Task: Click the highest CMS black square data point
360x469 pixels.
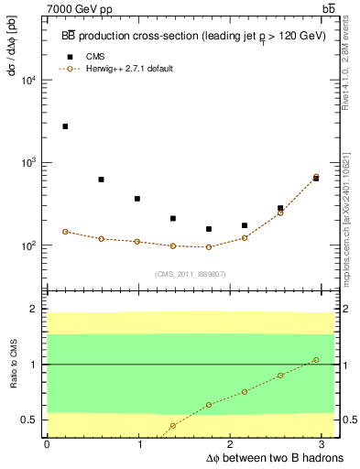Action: tap(65, 126)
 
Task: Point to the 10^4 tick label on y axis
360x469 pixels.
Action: tap(28, 81)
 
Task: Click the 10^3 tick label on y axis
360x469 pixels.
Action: tap(28, 163)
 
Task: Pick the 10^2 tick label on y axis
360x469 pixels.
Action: tap(28, 246)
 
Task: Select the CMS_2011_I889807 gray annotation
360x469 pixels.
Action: tap(191, 274)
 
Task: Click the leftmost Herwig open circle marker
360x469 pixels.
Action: tap(65, 232)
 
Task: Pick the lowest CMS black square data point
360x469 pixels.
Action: tap(209, 229)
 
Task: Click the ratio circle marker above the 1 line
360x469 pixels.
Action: tap(316, 359)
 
